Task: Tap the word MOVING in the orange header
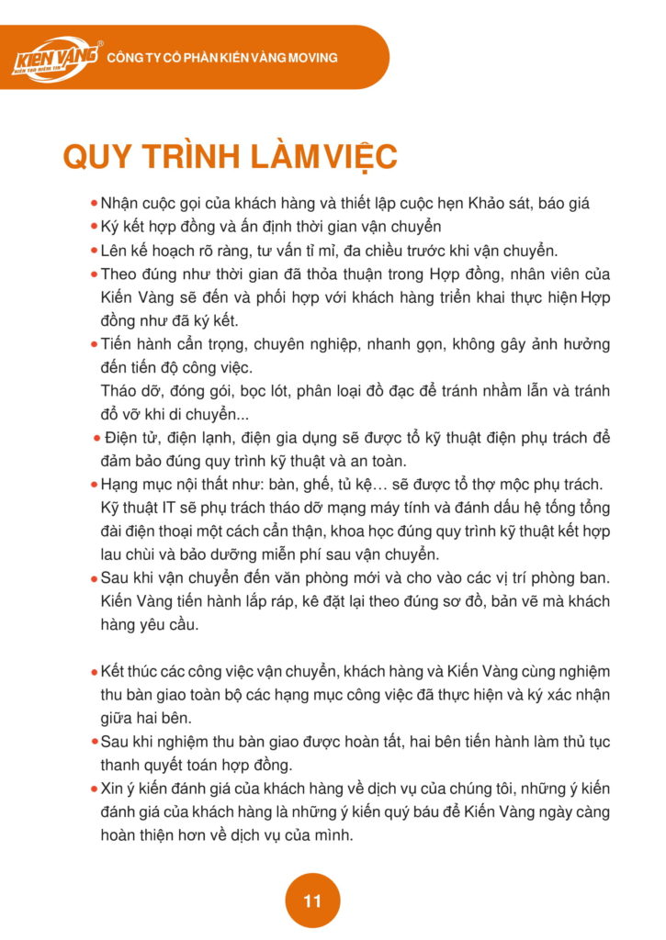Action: coord(313,58)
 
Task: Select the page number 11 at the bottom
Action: coord(312,901)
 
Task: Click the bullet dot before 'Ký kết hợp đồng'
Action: coord(94,227)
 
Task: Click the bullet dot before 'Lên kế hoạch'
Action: coord(94,251)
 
